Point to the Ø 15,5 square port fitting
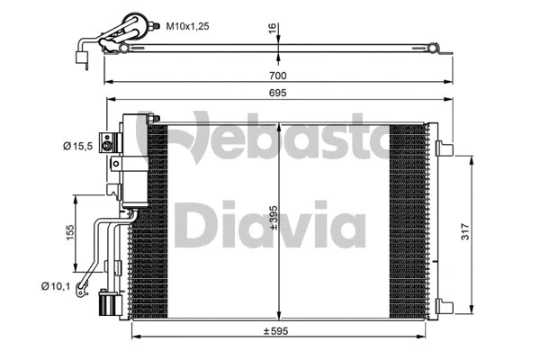109,142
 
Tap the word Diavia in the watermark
270,225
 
